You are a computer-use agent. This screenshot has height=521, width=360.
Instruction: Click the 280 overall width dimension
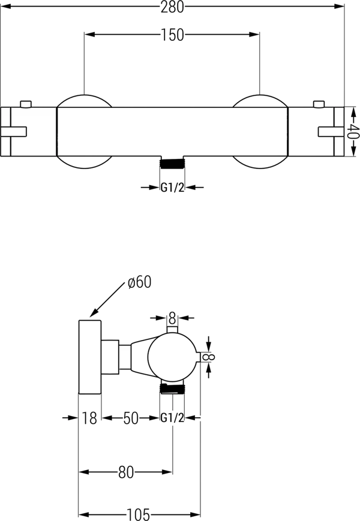click(172, 7)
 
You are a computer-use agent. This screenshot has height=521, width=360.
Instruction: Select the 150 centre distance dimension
click(172, 35)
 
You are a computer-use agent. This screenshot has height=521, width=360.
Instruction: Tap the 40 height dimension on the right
click(353, 131)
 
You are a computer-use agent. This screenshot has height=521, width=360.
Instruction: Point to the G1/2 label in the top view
click(172, 188)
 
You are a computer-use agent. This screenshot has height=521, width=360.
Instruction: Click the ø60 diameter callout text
click(140, 282)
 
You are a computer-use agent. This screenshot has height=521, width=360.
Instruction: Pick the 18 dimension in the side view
click(89, 418)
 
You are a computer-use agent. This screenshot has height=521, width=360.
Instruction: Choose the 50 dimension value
click(131, 418)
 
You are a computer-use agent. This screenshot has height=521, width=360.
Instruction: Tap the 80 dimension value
click(126, 472)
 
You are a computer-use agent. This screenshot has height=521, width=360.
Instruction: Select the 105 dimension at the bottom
click(139, 514)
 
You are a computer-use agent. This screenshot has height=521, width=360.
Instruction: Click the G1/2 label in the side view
click(172, 418)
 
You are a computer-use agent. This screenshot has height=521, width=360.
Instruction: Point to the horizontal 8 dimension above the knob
click(172, 318)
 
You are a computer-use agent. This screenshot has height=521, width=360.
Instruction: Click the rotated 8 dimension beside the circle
click(209, 357)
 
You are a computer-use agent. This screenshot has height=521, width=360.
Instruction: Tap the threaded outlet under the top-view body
click(172, 164)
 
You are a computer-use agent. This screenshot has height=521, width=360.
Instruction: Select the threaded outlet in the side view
click(172, 389)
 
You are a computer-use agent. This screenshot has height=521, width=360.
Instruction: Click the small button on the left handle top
click(26, 104)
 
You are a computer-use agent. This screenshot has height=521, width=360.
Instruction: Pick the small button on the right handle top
click(319, 104)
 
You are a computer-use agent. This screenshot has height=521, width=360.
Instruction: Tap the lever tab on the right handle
click(331, 131)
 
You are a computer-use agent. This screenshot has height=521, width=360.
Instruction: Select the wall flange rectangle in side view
click(90, 357)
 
